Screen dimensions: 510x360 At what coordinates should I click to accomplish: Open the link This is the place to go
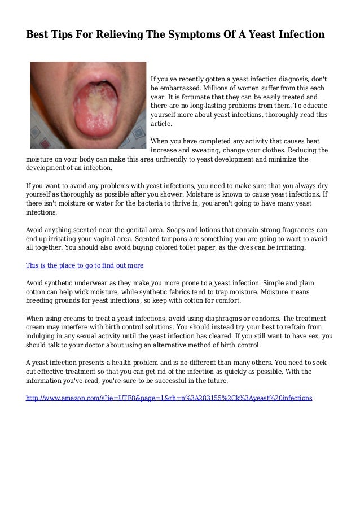[x=85, y=265]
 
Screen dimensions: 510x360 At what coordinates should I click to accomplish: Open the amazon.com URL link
[x=169, y=398]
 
